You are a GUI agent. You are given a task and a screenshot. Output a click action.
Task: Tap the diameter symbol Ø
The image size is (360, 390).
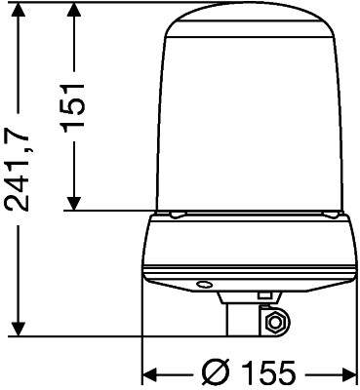217,372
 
